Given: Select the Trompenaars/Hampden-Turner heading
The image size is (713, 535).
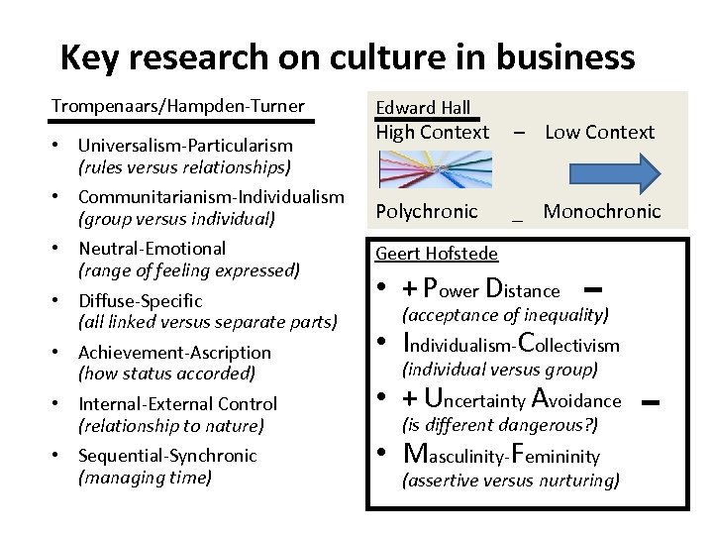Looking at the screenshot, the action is click(x=178, y=106).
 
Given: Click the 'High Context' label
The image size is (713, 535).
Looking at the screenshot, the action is click(x=432, y=132).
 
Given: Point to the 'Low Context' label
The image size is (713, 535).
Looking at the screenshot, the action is click(x=599, y=132).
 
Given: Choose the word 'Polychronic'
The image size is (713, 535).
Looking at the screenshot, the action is click(x=426, y=211).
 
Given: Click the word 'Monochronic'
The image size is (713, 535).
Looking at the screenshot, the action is click(x=602, y=211).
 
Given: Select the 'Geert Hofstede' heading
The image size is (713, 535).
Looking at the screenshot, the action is click(x=437, y=254).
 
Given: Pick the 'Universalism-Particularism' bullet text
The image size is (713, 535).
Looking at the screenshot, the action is click(x=185, y=146).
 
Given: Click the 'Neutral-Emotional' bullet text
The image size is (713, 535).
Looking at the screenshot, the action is click(x=153, y=249).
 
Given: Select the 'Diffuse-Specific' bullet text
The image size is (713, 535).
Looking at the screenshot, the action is click(x=141, y=300).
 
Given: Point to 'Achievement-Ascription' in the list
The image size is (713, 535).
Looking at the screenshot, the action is click(x=174, y=352).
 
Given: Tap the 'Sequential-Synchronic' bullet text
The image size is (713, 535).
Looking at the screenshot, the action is click(x=167, y=455).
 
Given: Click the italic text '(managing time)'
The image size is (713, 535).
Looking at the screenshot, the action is click(x=145, y=477).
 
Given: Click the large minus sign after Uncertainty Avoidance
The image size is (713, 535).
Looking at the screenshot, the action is click(x=651, y=401).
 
